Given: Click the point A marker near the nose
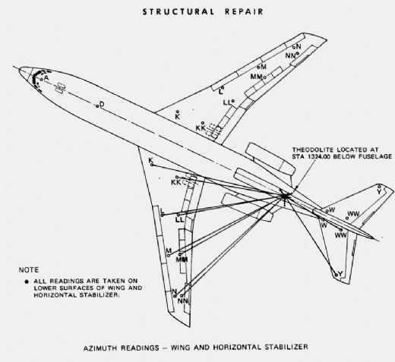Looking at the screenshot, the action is (42, 80).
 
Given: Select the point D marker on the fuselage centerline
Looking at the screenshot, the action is (97, 106).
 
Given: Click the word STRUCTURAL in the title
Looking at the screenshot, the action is (178, 12).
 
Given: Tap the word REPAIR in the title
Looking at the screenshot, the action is (244, 12).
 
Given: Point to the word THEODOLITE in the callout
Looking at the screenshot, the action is (312, 150).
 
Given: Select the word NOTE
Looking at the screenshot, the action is (29, 270).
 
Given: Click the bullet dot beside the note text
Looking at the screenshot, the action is (27, 282).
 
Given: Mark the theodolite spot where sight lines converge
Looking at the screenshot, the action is (285, 196).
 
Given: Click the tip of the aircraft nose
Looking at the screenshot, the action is (19, 69).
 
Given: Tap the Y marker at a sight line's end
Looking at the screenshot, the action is (337, 275).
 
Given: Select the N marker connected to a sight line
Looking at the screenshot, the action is (175, 296).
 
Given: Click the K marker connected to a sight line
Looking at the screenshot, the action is (152, 165).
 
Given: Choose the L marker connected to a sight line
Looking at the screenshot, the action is (163, 216).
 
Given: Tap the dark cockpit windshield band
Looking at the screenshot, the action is (37, 78).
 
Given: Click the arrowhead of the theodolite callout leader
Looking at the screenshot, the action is (295, 188).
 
